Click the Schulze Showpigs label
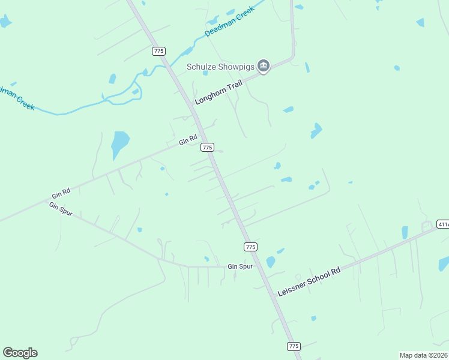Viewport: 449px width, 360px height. coord(220,66)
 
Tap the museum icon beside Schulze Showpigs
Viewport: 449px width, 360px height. coord(263,65)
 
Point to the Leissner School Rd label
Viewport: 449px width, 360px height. coord(309,281)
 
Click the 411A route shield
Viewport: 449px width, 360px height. coord(443,224)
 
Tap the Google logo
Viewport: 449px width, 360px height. coord(20,353)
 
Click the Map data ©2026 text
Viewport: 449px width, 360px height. coord(423,355)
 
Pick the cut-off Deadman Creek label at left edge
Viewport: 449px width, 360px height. coord(17,97)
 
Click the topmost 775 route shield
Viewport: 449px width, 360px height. coord(158,51)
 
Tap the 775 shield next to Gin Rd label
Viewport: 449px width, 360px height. coord(207,147)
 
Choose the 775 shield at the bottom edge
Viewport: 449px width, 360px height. coord(293,346)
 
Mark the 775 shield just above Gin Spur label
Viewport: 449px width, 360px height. coord(250,247)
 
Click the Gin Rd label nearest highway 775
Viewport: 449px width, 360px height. coord(188,142)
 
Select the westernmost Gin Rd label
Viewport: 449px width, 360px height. coord(61,193)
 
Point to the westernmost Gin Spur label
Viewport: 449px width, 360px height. coord(61,209)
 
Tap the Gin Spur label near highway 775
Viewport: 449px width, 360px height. coord(240,266)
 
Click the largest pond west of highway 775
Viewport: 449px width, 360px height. coord(120,145)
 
